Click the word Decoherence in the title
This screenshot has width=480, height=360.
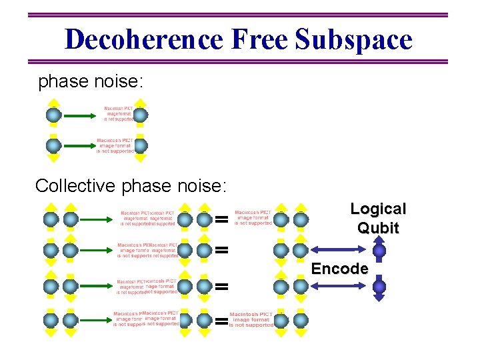point(144,39)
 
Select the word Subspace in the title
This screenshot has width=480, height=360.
point(354,39)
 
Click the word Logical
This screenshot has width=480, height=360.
point(378,209)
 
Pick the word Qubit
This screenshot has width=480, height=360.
point(378,228)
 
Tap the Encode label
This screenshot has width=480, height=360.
point(340,269)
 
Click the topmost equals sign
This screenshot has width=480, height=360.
point(222,219)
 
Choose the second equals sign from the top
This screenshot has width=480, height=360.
point(222,251)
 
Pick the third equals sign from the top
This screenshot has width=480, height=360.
point(222,286)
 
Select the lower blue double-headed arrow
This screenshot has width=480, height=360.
point(336,286)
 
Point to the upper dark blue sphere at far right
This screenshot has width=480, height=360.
point(379,251)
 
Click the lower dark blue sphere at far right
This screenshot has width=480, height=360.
point(379,287)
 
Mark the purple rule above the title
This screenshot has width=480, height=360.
point(240,15)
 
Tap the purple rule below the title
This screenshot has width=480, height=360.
point(240,62)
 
